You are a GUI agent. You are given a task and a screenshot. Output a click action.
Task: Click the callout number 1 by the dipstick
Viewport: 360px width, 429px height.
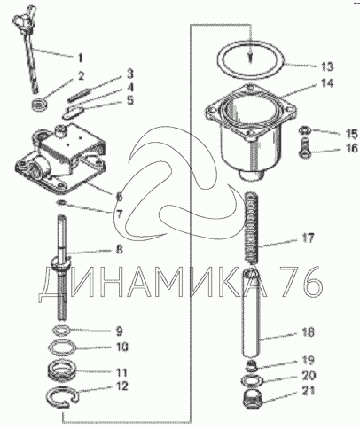[80, 58]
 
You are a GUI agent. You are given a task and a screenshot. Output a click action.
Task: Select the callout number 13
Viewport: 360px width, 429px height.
[327, 66]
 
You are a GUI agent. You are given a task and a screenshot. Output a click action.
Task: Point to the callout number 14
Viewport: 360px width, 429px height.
[326, 83]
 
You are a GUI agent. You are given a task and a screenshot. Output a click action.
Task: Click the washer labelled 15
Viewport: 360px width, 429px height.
[304, 129]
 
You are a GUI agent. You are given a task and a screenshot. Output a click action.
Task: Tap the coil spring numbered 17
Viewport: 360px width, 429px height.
[252, 228]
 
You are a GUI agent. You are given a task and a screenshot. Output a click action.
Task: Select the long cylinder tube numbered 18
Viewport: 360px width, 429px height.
[251, 313]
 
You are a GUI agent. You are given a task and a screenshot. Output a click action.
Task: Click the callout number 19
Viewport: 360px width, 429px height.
[308, 360]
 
